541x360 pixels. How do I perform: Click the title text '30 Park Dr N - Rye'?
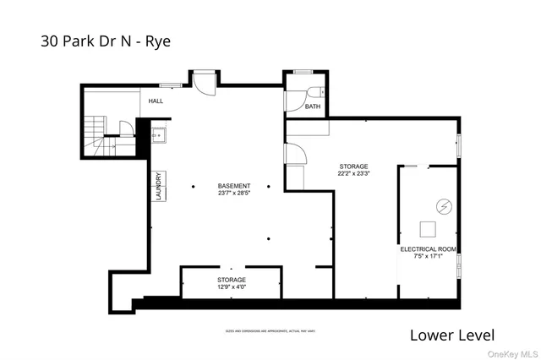tap(106, 41)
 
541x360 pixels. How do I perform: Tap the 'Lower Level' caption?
tap(451, 335)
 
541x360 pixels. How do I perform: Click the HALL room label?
tap(156, 101)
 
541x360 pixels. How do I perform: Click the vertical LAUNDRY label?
tap(157, 187)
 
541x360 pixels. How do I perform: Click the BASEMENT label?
tap(233, 185)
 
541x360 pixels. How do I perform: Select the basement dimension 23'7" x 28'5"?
tap(233, 193)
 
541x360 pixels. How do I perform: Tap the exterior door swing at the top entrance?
tap(203, 83)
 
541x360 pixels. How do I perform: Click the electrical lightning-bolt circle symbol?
tap(442, 206)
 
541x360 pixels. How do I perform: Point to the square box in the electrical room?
tap(429, 228)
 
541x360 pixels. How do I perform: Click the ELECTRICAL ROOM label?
tap(428, 249)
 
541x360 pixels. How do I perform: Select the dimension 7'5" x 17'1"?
tap(428, 258)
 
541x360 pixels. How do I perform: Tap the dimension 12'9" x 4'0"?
tap(231, 287)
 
